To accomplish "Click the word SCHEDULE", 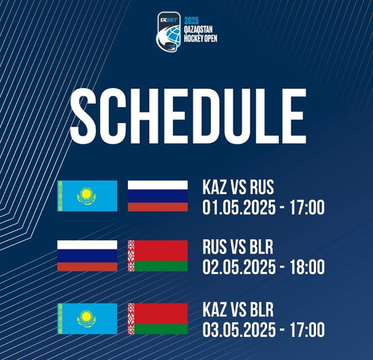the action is pyautogui.click(x=188, y=116).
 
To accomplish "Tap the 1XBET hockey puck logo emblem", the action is pyautogui.click(x=169, y=32).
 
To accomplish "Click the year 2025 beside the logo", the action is pyautogui.click(x=191, y=21).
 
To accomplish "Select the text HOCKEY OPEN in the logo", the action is pyautogui.click(x=200, y=38).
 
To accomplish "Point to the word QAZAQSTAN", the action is pyautogui.click(x=198, y=30).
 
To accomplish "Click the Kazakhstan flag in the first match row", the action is pyautogui.click(x=87, y=196).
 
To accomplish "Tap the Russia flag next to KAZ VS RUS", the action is pyautogui.click(x=158, y=196).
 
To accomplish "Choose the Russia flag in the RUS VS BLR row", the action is pyautogui.click(x=87, y=255).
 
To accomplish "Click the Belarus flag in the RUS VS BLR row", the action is pyautogui.click(x=158, y=255).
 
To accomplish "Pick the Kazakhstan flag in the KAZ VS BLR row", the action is pyautogui.click(x=87, y=318).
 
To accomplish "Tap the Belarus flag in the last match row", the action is pyautogui.click(x=158, y=318).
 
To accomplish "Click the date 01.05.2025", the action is pyautogui.click(x=239, y=207).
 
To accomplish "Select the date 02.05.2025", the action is pyautogui.click(x=239, y=267).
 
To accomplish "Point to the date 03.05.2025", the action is pyautogui.click(x=239, y=330).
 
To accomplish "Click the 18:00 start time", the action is pyautogui.click(x=307, y=267).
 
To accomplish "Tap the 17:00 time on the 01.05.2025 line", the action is pyautogui.click(x=307, y=207).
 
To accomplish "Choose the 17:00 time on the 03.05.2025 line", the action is pyautogui.click(x=307, y=330).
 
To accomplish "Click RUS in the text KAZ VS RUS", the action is pyautogui.click(x=262, y=187).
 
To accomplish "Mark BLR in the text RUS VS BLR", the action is pyautogui.click(x=262, y=247).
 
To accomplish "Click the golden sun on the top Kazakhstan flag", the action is pyautogui.click(x=86, y=194).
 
